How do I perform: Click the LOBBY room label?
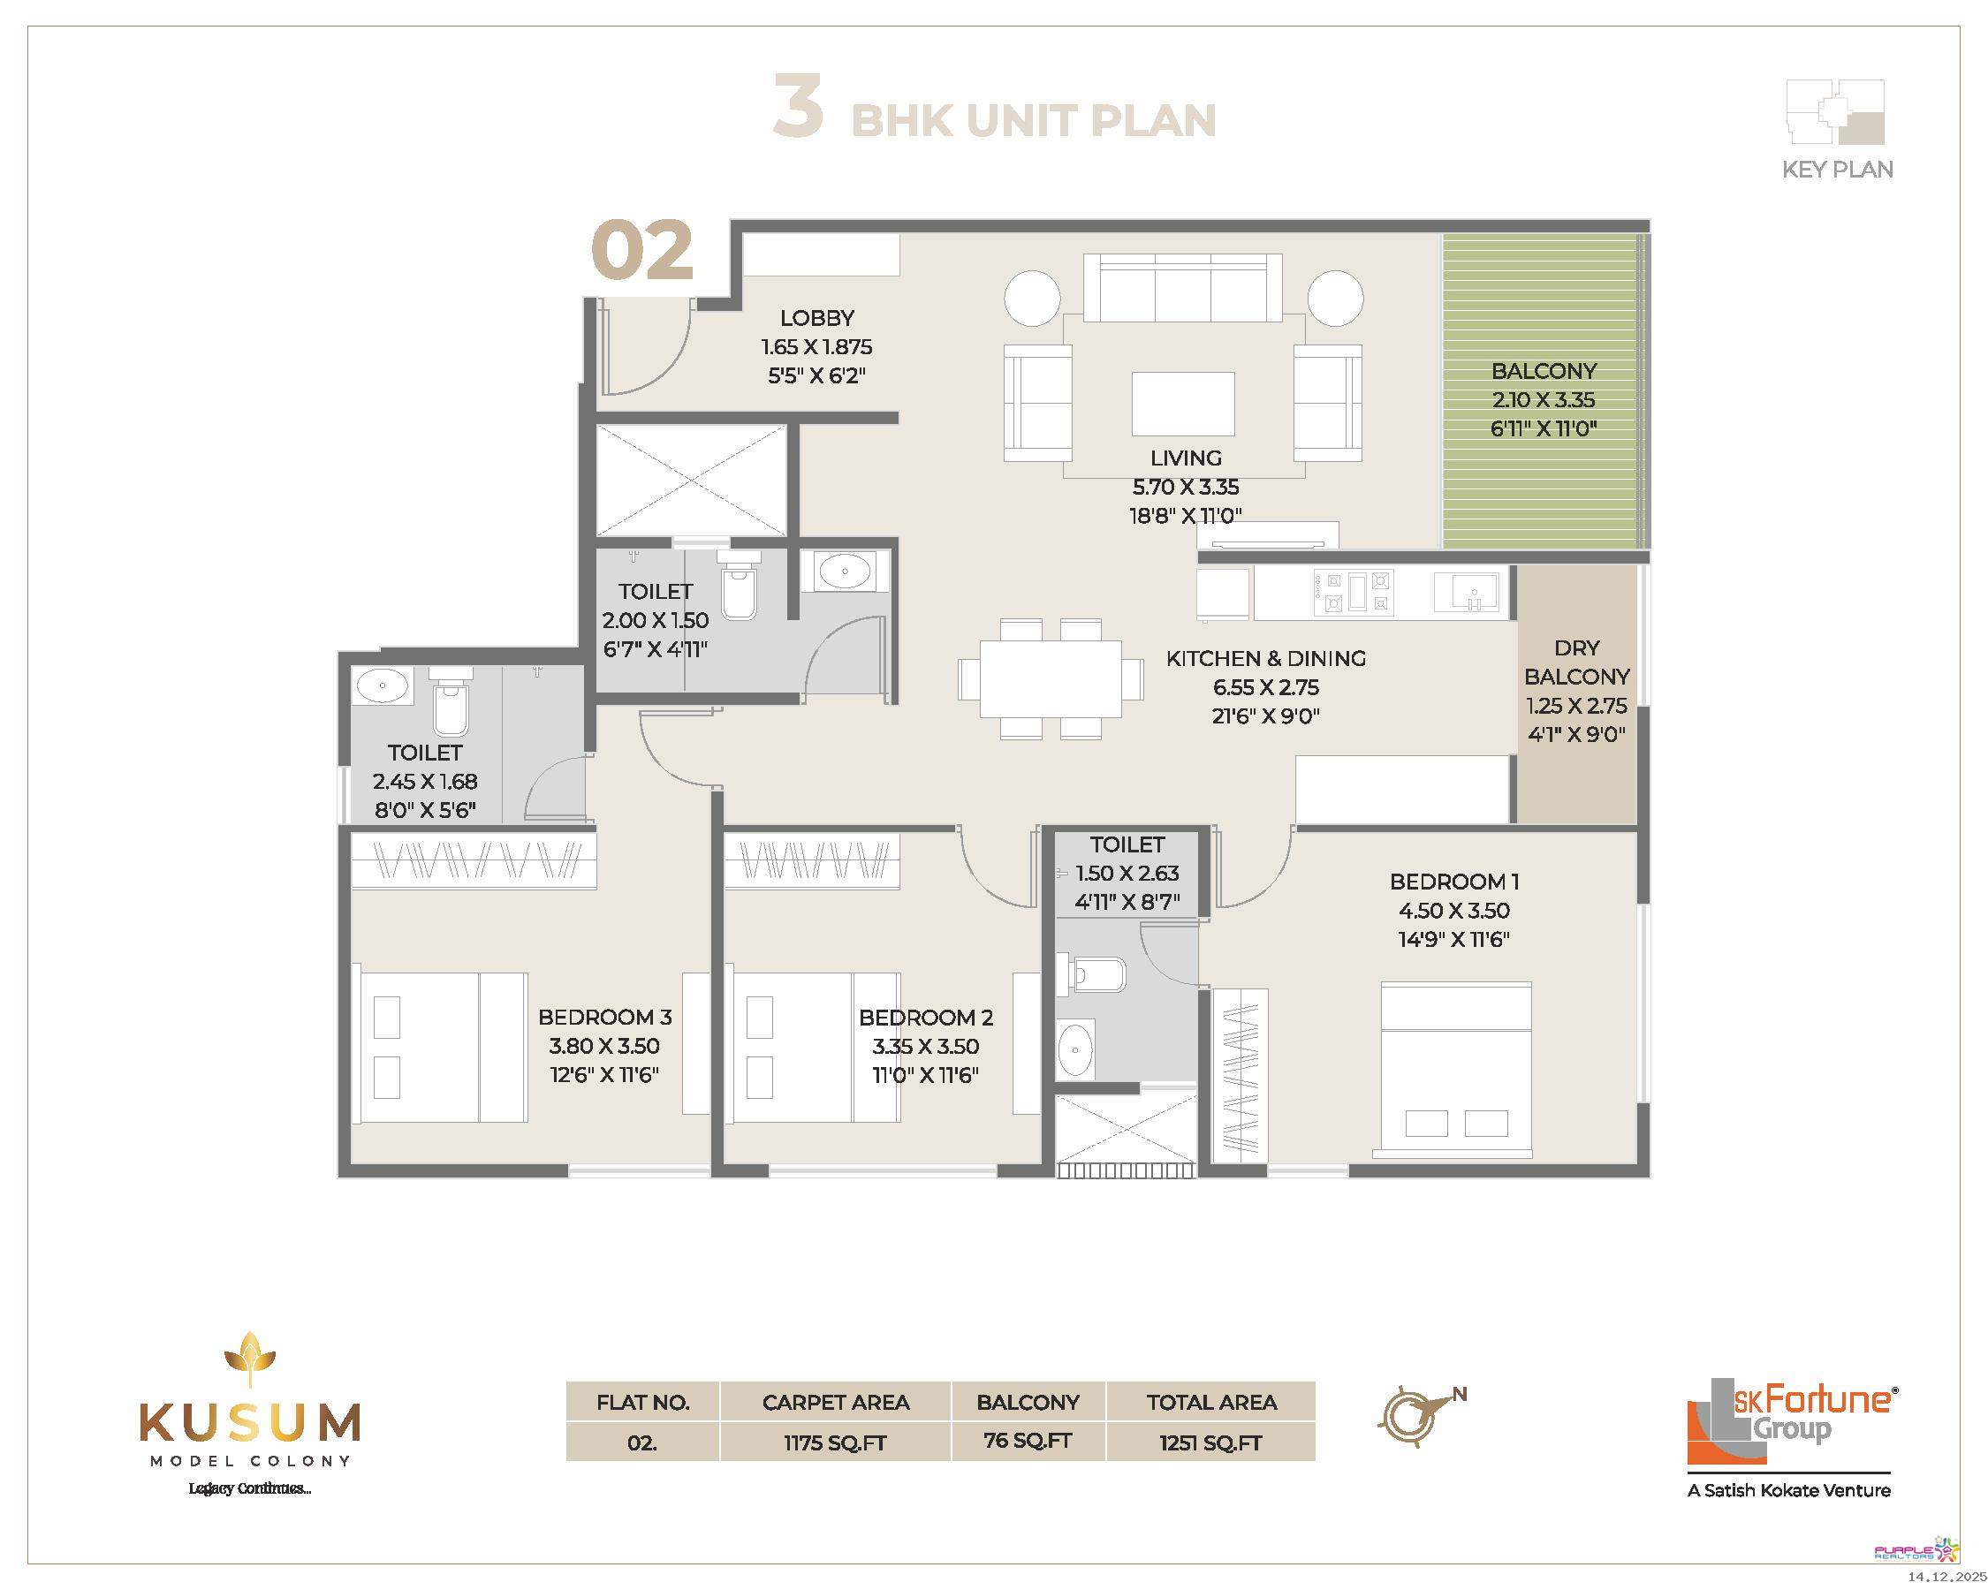[x=817, y=318]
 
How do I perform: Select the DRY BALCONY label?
[x=1577, y=662]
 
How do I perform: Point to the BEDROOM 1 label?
[x=1454, y=882]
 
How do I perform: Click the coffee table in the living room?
[x=1183, y=403]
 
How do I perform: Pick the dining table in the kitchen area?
[x=1051, y=678]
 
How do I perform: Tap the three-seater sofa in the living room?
[x=1182, y=288]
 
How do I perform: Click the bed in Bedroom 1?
[x=1456, y=1069]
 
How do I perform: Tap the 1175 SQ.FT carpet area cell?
[x=836, y=1442]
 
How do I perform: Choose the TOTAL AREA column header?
[x=1211, y=1402]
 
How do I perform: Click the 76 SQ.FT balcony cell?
[x=1028, y=1441]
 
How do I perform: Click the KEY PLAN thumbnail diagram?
[x=1835, y=111]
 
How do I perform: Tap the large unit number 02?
[x=641, y=250]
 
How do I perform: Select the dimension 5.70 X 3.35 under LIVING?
[x=1186, y=487]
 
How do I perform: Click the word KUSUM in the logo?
[x=250, y=1423]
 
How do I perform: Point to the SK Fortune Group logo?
[x=1791, y=1438]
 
